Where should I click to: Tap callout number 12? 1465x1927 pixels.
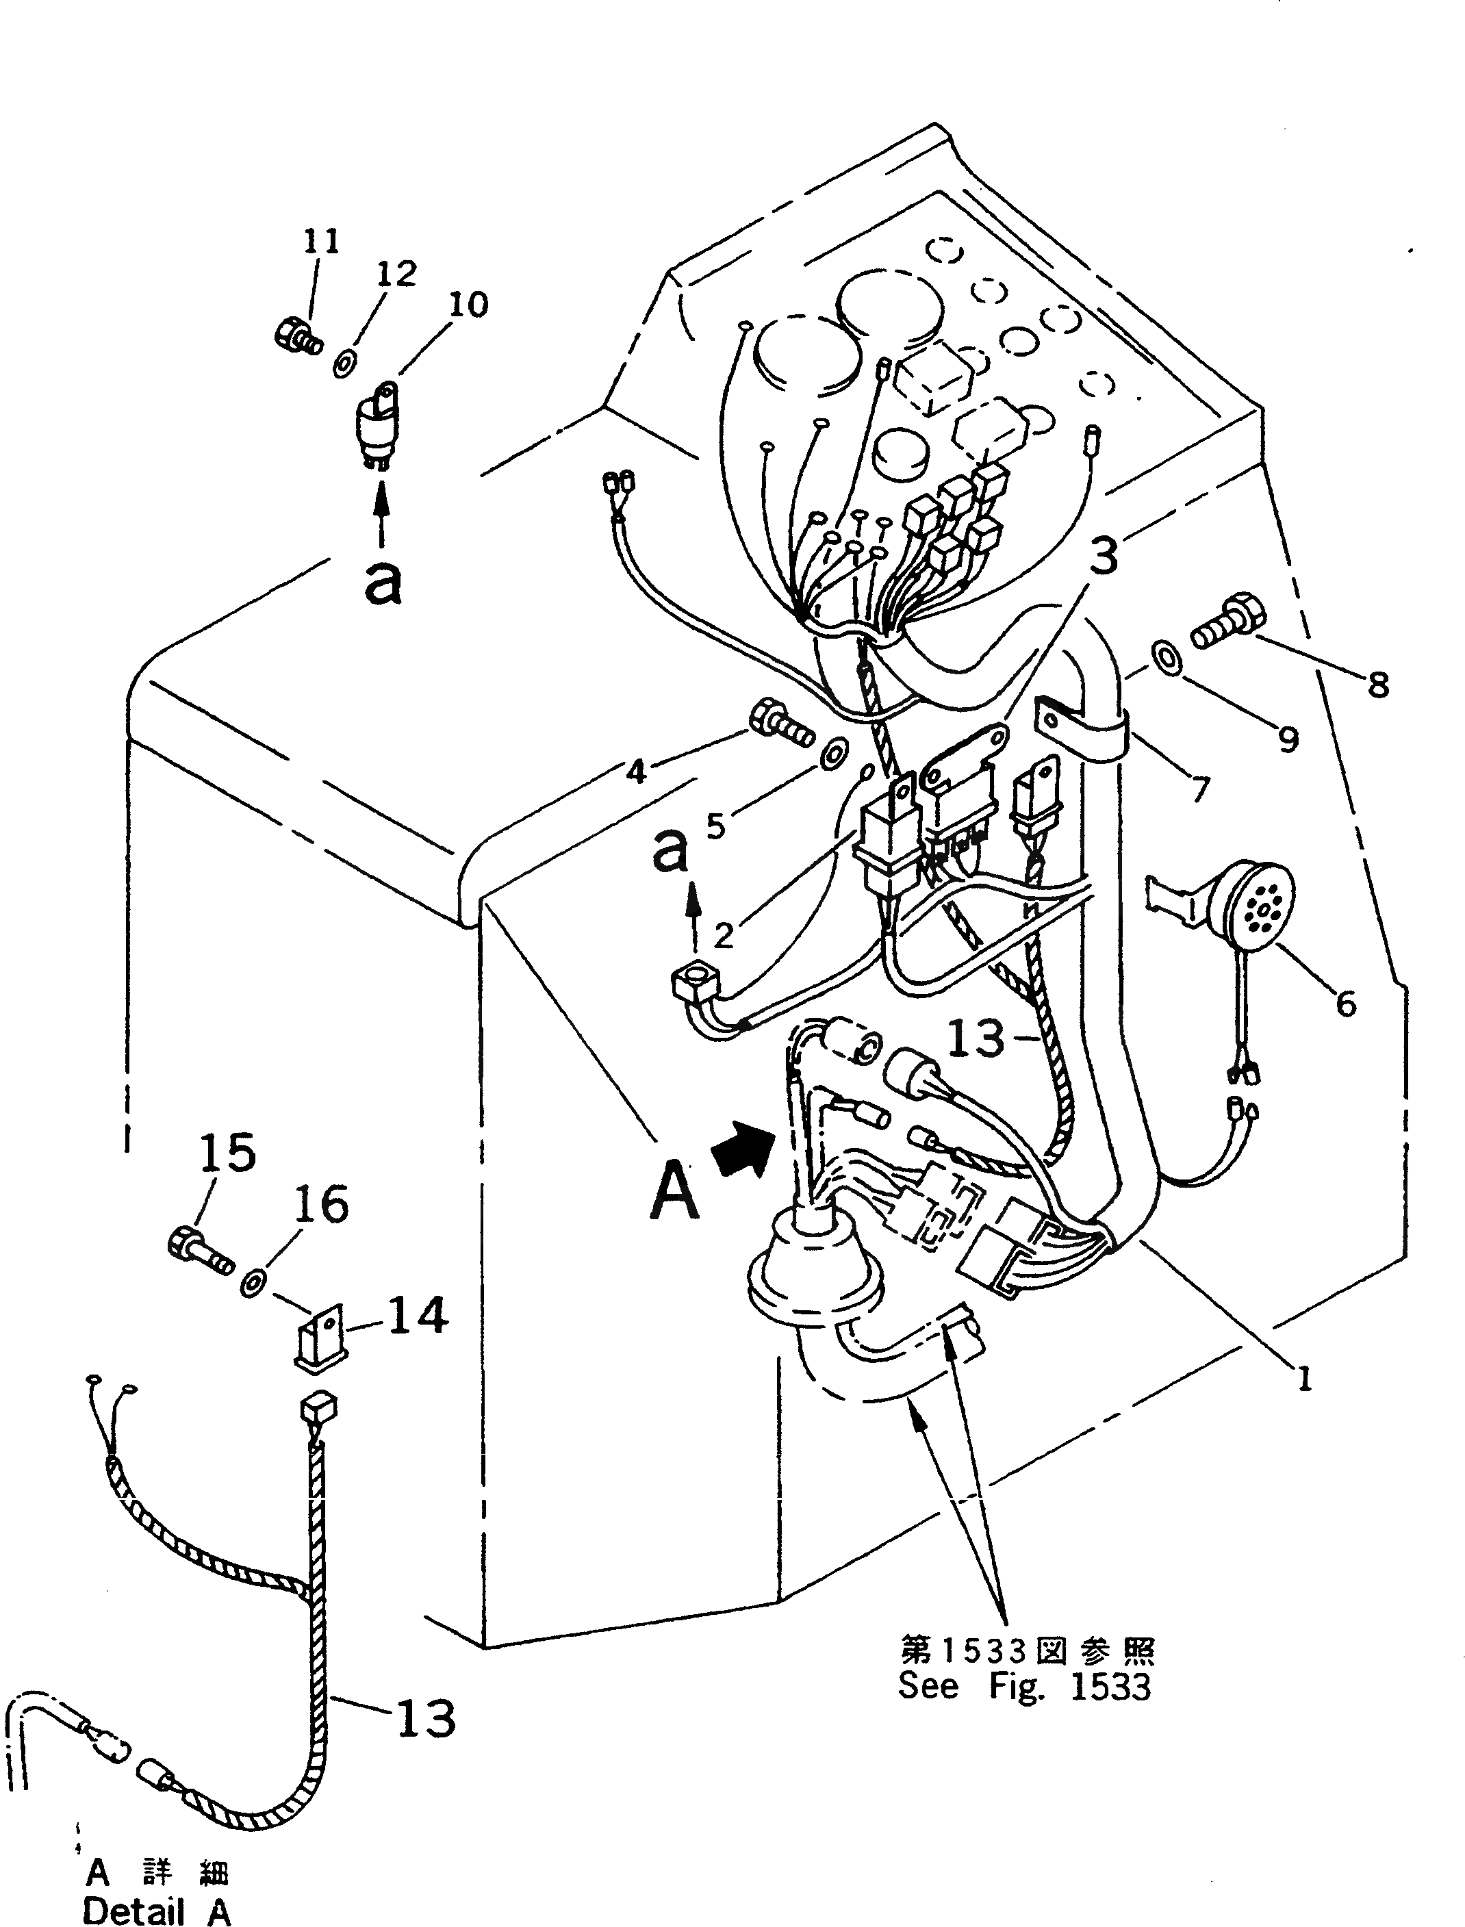[397, 274]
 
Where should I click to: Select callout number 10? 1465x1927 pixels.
[468, 305]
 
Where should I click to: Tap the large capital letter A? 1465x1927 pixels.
[674, 1191]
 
